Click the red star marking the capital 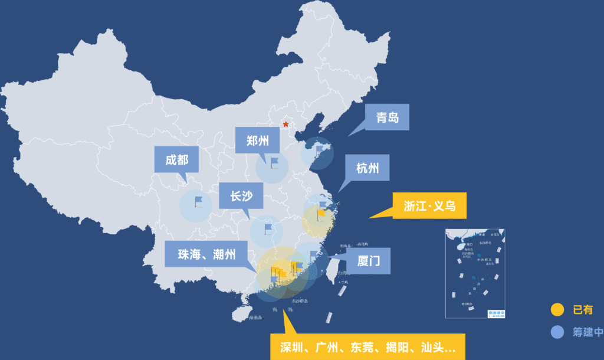pyautogui.click(x=286, y=125)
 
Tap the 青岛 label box pyautogui.click(x=387, y=117)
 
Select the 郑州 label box pyautogui.click(x=257, y=140)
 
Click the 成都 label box pyautogui.click(x=176, y=159)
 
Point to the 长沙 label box pyautogui.click(x=241, y=195)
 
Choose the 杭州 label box pyautogui.click(x=367, y=168)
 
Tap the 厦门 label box pyautogui.click(x=369, y=260)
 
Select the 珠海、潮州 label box pyautogui.click(x=206, y=254)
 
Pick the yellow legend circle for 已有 pyautogui.click(x=557, y=309)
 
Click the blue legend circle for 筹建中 pyautogui.click(x=557, y=332)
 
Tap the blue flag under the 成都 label pyautogui.click(x=198, y=201)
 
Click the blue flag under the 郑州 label pyautogui.click(x=274, y=162)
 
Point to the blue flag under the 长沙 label pyautogui.click(x=268, y=228)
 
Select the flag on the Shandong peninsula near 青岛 pyautogui.click(x=319, y=150)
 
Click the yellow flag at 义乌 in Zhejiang pyautogui.click(x=321, y=214)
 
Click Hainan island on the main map pyautogui.click(x=240, y=315)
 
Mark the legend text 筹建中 pyautogui.click(x=586, y=332)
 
